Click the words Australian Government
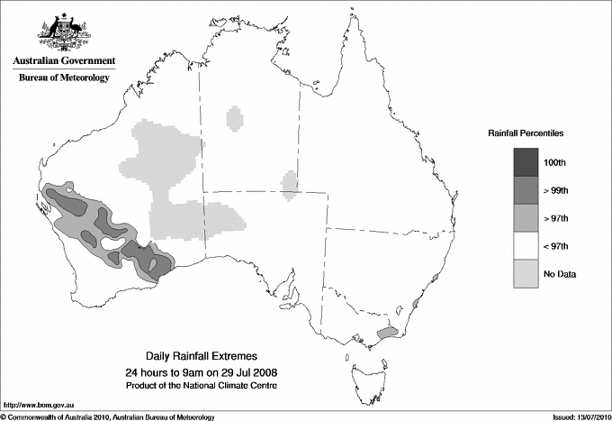tap(63, 61)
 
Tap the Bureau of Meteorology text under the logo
tap(63, 78)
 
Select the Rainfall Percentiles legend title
tap(526, 133)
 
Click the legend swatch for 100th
tap(526, 162)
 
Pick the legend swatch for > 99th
tap(526, 190)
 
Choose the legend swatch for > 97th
tap(526, 218)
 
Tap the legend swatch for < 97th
tap(526, 246)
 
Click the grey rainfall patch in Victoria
tap(387, 333)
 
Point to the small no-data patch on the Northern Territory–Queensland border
tap(290, 184)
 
